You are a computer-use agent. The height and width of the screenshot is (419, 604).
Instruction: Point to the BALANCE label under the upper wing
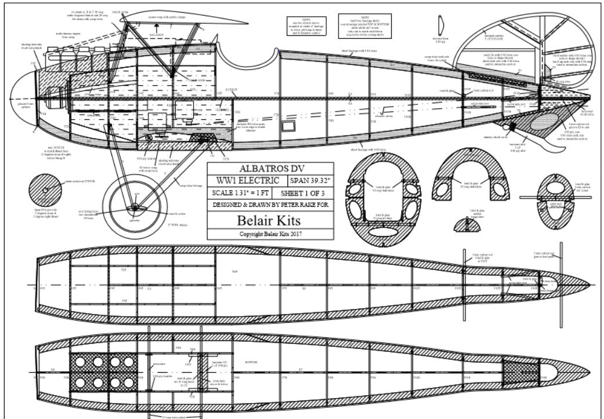pos(157,35)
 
